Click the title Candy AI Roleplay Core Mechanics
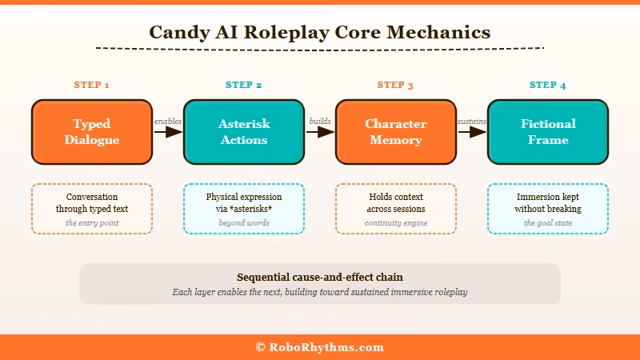tap(319, 32)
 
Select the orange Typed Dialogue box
tap(92, 132)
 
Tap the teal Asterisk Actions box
tap(244, 132)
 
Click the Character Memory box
tap(396, 132)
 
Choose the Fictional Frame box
tap(548, 132)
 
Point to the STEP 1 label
tap(92, 85)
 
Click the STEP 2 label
tap(244, 85)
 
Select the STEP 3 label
tap(396, 85)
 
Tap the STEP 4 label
tap(548, 85)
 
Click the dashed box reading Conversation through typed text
tap(92, 209)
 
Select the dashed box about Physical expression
tap(244, 209)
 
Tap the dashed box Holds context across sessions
tap(396, 209)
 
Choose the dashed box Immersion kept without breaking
tap(548, 209)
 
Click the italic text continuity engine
tap(396, 223)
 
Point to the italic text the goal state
tap(548, 223)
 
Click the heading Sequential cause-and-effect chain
tap(319, 278)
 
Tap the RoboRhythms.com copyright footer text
tap(319, 347)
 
